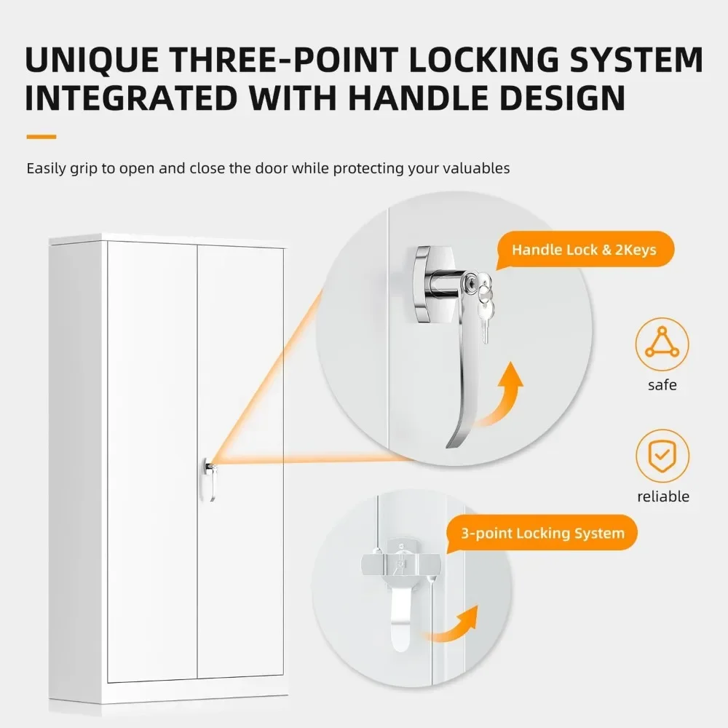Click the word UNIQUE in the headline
pos(92,60)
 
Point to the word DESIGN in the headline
pos(557,98)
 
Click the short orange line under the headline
pos(41,137)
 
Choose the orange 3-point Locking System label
pos(542,533)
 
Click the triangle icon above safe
pos(662,344)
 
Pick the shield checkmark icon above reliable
pos(662,456)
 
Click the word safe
pos(662,385)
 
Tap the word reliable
pos(663,496)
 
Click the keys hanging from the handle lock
pos(485,302)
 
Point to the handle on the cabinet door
pos(210,479)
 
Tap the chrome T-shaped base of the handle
pos(425,284)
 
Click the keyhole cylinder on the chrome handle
pos(470,282)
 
